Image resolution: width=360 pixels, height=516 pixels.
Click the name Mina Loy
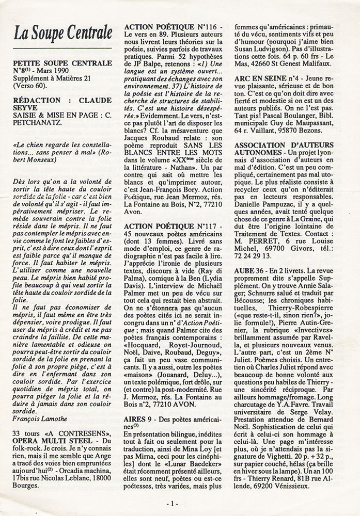tap(186, 436)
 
